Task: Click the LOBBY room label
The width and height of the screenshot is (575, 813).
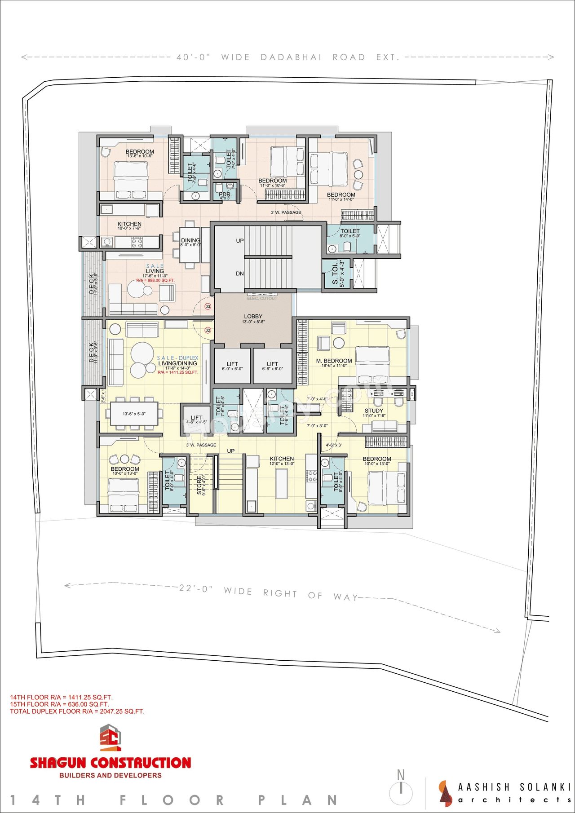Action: coord(253,317)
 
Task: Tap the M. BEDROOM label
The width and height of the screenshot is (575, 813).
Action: coord(334,361)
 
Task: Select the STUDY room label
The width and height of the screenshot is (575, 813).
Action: coord(374,411)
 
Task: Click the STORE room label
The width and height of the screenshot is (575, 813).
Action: coord(200,485)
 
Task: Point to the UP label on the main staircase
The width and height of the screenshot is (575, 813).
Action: coord(240,241)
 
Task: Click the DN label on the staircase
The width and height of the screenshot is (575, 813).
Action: coord(240,274)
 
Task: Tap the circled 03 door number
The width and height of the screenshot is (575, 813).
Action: coord(208,306)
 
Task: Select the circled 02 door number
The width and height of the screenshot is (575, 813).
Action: coord(208,330)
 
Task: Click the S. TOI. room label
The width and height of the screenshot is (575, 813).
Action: coord(336,274)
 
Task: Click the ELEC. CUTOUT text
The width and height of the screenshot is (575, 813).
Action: coord(262,298)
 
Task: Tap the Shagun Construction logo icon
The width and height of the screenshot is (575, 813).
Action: coord(111,738)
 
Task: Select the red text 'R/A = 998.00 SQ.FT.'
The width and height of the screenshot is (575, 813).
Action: coord(155,281)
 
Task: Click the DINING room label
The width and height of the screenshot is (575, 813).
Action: coord(190,241)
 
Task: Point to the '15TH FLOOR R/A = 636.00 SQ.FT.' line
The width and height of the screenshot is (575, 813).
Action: coord(59,704)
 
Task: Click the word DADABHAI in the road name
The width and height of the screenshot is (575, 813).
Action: coord(291,57)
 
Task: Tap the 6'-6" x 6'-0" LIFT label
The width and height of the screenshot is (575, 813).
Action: coord(272,364)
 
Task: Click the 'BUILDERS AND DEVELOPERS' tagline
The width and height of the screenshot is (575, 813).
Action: coord(111,775)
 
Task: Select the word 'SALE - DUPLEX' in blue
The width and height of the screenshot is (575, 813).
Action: coord(177,358)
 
